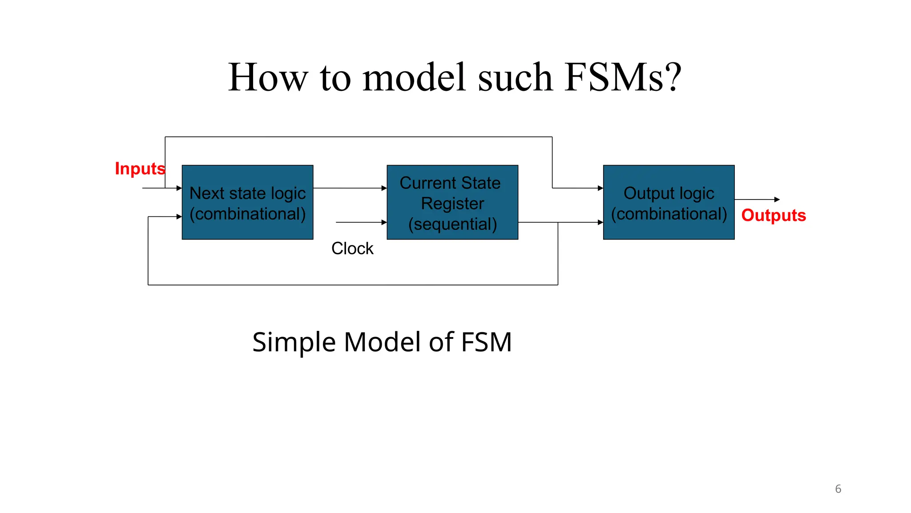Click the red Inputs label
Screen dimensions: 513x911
[x=140, y=169]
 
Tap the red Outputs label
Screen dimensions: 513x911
[x=773, y=216]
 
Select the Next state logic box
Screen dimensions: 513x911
[x=247, y=202]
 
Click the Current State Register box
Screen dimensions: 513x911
[x=452, y=202]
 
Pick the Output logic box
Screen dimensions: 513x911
[x=668, y=202]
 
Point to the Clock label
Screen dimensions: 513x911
[x=352, y=248]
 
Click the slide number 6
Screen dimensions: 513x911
[x=838, y=489]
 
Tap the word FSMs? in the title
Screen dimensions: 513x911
[x=623, y=77]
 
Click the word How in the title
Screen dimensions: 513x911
[x=268, y=77]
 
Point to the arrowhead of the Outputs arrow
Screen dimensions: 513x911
[x=777, y=199]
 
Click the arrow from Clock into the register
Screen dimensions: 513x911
[x=360, y=222]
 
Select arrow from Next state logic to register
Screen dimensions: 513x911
[x=350, y=188]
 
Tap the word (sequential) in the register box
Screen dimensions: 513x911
[x=452, y=224]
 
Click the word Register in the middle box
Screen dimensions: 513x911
[x=452, y=204]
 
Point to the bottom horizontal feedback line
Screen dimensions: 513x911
[x=351, y=285]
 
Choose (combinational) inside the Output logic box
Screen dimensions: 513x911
[x=669, y=214]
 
